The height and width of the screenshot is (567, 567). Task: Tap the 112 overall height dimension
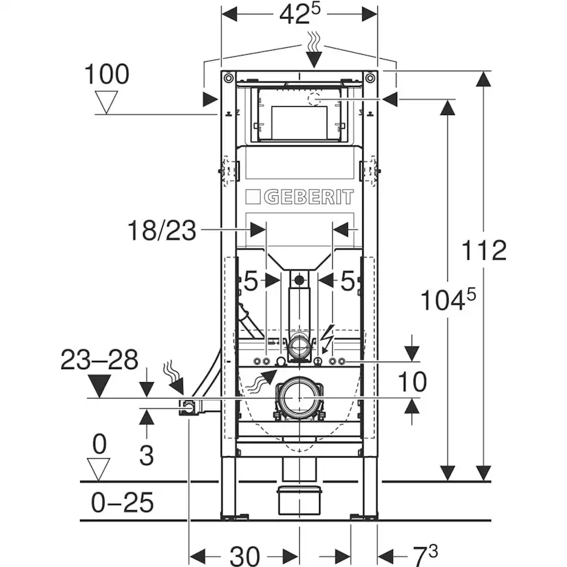point(484,250)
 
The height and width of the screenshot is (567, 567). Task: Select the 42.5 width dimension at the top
point(300,15)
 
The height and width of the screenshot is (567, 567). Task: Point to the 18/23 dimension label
point(162,230)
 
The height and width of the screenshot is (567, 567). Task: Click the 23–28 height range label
point(99,360)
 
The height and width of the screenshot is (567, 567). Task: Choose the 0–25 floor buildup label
point(122,502)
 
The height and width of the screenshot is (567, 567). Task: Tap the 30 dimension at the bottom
point(244,556)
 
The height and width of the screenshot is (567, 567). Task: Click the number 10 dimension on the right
point(412,382)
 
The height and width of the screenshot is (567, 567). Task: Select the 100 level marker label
point(107,74)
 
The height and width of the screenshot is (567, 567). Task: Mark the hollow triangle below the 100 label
point(106,102)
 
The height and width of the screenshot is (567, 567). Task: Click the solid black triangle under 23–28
point(99,386)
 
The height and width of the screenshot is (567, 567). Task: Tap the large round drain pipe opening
point(299,398)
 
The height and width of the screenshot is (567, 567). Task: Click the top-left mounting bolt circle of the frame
point(228,78)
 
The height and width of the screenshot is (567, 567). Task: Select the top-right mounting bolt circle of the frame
point(370,78)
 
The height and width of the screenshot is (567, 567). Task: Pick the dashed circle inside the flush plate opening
point(314,99)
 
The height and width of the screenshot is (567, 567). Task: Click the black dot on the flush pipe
point(299,279)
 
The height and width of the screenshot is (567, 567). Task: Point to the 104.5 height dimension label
point(448,299)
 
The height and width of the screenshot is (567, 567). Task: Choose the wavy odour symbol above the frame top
point(314,40)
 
